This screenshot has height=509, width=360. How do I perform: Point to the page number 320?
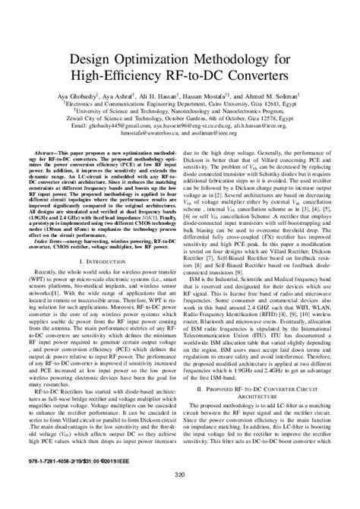pyautogui.click(x=180, y=497)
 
